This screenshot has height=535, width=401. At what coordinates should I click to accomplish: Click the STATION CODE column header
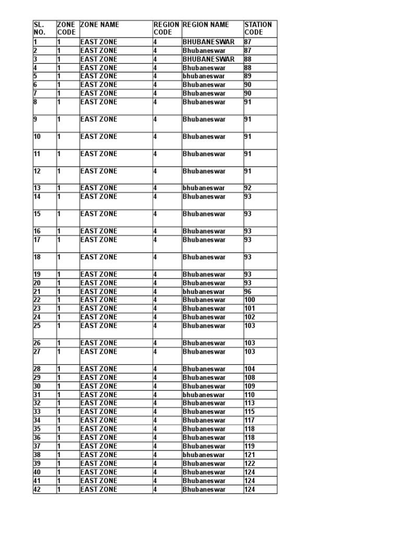point(258,28)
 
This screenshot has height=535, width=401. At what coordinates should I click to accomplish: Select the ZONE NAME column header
point(99,25)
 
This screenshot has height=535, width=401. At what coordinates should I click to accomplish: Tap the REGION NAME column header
point(206,25)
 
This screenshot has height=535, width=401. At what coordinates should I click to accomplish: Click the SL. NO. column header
point(40,28)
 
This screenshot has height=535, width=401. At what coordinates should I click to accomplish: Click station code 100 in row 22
point(250,300)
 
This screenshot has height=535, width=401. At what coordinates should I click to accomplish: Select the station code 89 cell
point(249,76)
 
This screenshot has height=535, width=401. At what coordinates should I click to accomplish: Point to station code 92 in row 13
point(249,188)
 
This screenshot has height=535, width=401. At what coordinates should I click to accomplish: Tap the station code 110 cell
point(250,395)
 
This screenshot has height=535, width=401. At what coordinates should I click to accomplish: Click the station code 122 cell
point(250,463)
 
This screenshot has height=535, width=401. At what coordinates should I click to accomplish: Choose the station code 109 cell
point(250,386)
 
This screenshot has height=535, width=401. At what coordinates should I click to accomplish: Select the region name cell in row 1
point(208,42)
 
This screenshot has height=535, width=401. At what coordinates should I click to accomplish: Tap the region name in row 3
point(208,59)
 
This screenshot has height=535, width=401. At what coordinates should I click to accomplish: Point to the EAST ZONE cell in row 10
point(99,137)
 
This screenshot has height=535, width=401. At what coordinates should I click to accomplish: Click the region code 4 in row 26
point(155,343)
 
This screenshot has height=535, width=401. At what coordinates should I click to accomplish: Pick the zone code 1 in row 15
point(59,214)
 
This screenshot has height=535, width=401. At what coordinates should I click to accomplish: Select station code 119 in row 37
point(250,446)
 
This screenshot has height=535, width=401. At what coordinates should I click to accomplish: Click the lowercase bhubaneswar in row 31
point(204,395)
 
